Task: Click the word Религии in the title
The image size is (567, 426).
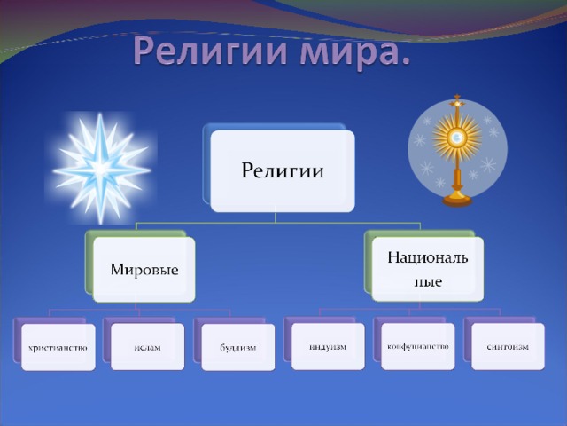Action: [210, 51]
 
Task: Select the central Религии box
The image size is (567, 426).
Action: [283, 171]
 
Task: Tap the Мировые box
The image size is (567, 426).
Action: [144, 270]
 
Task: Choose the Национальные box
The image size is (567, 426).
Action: [427, 269]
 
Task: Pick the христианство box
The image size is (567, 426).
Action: [58, 347]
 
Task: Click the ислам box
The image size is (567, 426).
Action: [148, 347]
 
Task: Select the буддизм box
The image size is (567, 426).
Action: [238, 347]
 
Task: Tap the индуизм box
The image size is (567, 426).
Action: [328, 347]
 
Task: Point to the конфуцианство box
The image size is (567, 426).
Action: [417, 347]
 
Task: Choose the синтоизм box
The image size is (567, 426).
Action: [508, 347]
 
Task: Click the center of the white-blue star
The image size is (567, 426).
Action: [101, 168]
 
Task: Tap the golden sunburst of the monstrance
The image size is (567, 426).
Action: [457, 137]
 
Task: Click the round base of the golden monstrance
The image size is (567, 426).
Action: [457, 200]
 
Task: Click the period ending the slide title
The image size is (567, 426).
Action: [405, 60]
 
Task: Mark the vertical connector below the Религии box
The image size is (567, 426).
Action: [276, 217]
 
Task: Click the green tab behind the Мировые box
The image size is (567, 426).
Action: [89, 261]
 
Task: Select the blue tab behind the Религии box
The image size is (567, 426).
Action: [206, 163]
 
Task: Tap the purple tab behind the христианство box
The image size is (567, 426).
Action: [18, 340]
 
